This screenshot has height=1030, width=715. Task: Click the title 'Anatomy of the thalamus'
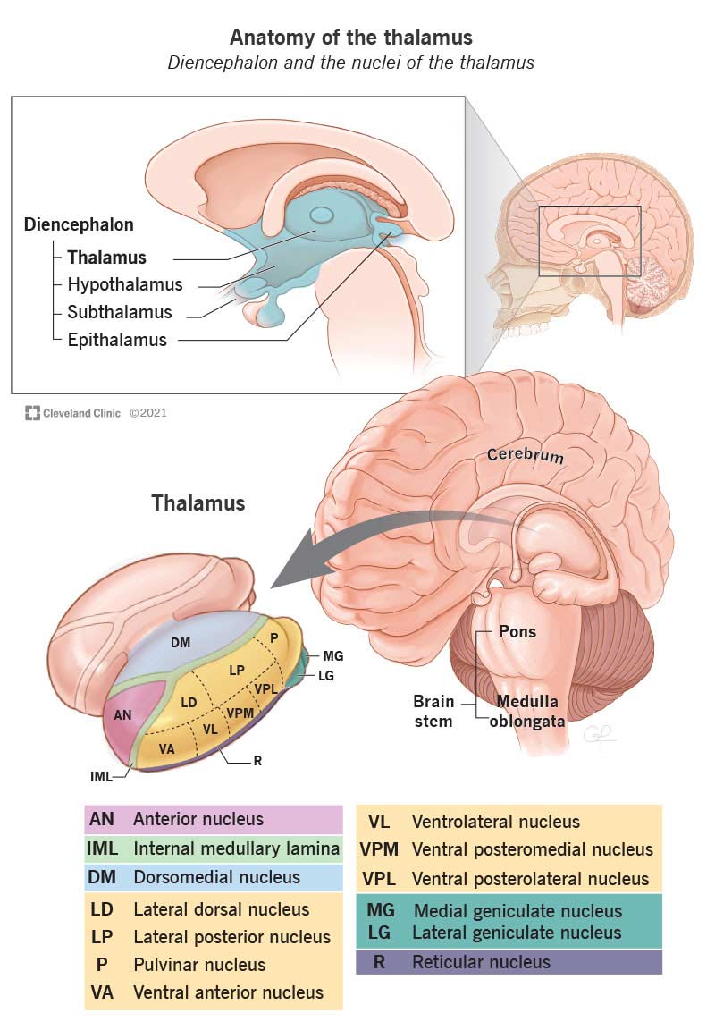[x=351, y=38]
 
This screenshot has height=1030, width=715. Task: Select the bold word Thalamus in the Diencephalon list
[x=106, y=257]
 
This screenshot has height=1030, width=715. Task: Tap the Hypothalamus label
[x=124, y=285]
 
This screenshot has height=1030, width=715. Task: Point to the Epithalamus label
[x=117, y=340]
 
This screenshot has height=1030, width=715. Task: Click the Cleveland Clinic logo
[x=33, y=413]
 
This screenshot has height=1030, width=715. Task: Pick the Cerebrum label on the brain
[x=526, y=454]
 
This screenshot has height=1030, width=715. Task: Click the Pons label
[x=517, y=632]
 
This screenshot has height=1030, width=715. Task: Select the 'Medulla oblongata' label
[x=526, y=711]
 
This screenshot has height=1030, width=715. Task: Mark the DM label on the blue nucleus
[x=181, y=642]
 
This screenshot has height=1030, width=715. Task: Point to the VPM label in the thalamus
[x=241, y=713]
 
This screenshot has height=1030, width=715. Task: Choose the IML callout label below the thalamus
[x=101, y=777]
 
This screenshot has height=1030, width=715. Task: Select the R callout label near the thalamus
[x=257, y=761]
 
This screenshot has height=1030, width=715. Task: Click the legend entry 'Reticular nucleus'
[x=481, y=962]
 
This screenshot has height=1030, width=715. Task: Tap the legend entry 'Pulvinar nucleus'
[x=199, y=965]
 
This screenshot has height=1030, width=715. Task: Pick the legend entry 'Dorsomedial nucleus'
[x=216, y=877]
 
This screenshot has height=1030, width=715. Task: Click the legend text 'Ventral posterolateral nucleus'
[x=530, y=878]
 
